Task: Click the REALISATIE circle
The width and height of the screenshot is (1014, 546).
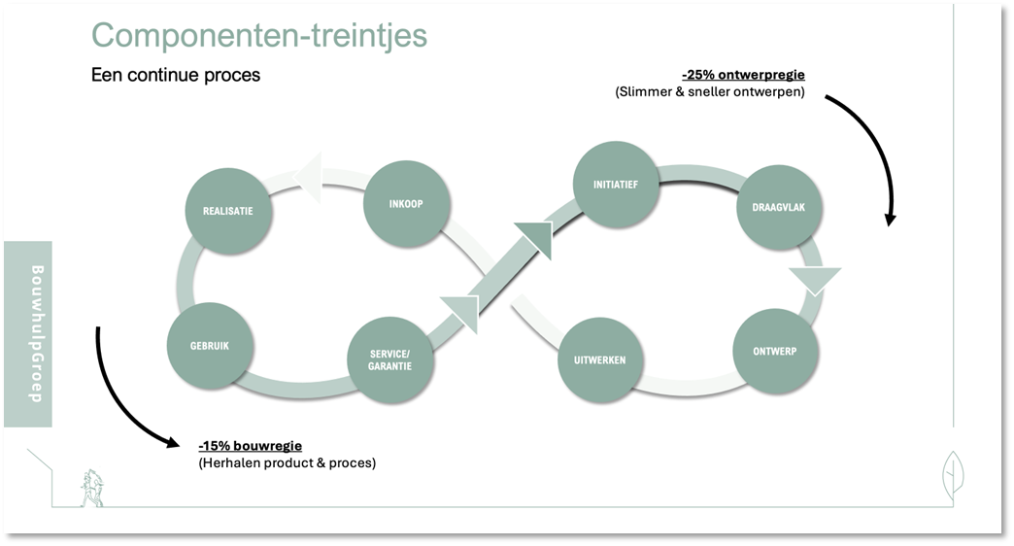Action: point(227,210)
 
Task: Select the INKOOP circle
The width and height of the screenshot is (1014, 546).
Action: point(406,204)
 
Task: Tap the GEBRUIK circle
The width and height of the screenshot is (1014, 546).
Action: point(211,346)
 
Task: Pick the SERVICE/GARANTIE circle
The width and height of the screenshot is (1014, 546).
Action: point(390,359)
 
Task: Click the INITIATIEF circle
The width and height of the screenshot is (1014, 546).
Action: point(615,184)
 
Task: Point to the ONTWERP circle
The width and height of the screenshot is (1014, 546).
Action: point(774,351)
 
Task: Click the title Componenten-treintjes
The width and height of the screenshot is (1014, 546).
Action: point(258,35)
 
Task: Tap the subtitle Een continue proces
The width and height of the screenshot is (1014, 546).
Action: point(176,75)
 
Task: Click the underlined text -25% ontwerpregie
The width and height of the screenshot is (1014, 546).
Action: point(743,75)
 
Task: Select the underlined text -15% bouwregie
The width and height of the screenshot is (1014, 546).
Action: point(250,445)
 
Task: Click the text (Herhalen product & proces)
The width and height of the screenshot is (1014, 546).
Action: point(287,462)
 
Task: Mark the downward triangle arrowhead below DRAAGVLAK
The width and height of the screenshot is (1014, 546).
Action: point(812,279)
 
